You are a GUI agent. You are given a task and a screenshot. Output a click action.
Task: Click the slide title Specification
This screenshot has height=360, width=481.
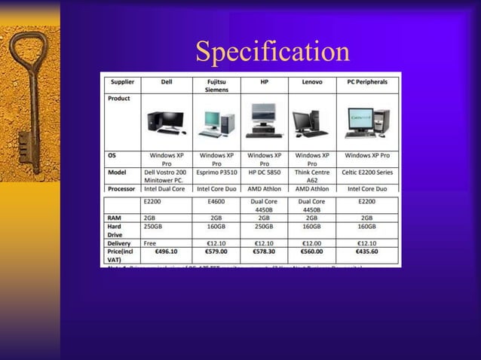pyautogui.click(x=272, y=51)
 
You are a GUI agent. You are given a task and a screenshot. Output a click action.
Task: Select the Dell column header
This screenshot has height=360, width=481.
pyautogui.click(x=167, y=81)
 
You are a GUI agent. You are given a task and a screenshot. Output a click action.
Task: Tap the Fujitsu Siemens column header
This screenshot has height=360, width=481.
pyautogui.click(x=216, y=84)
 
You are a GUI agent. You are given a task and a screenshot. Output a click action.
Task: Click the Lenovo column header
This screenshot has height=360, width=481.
pyautogui.click(x=311, y=81)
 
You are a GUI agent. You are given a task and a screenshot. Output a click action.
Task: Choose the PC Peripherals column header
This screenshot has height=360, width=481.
pyautogui.click(x=367, y=81)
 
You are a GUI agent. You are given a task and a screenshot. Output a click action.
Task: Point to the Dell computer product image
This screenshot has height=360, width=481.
pyautogui.click(x=166, y=122)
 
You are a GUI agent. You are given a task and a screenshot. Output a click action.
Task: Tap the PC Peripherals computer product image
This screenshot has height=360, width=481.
pyautogui.click(x=367, y=123)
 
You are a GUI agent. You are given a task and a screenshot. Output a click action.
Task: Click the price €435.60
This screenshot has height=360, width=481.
pyautogui.click(x=367, y=252)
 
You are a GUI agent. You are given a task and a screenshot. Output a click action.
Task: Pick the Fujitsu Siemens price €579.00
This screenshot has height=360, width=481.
pyautogui.click(x=216, y=252)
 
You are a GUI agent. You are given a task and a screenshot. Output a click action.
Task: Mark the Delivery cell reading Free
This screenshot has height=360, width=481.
pyautogui.click(x=151, y=243)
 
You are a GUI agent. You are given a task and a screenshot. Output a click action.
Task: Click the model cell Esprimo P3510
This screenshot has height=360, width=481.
pyautogui.click(x=216, y=172)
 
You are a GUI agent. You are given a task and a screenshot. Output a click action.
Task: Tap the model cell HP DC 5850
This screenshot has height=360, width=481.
pyautogui.click(x=264, y=172)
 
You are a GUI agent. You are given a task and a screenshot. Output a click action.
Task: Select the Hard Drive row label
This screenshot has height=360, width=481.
pyautogui.click(x=115, y=230)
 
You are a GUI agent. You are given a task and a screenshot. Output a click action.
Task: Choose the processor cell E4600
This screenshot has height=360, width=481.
pyautogui.click(x=216, y=201)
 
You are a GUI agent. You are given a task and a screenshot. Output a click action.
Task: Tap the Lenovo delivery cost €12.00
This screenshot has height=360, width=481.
pyautogui.click(x=311, y=243)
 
